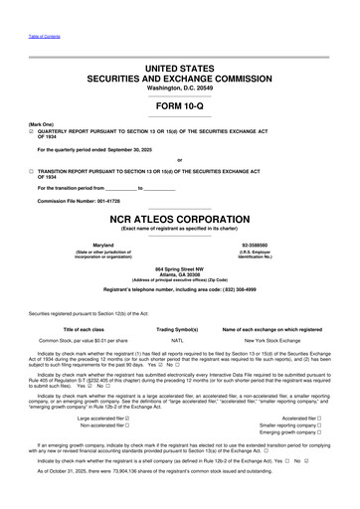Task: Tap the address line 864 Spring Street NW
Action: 180,268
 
